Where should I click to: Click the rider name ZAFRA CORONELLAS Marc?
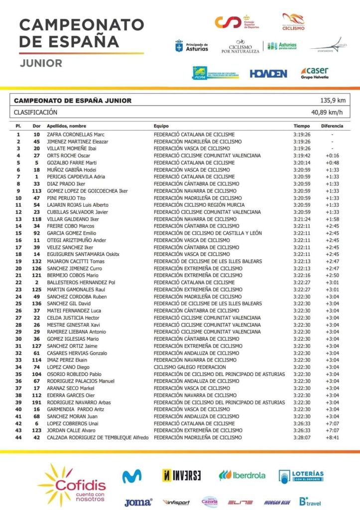click(x=76, y=134)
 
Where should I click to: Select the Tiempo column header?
click(x=301, y=126)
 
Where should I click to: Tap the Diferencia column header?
click(x=332, y=126)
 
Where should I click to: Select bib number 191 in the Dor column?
click(x=36, y=402)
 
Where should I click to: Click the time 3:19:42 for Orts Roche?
click(x=301, y=155)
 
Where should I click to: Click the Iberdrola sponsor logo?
click(x=242, y=475)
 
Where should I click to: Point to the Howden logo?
click(x=268, y=74)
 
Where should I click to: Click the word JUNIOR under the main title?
click(x=41, y=63)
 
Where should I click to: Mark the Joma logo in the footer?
click(x=138, y=502)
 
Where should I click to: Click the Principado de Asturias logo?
click(x=192, y=46)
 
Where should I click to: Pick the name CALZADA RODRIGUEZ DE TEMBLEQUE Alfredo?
click(x=98, y=437)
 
